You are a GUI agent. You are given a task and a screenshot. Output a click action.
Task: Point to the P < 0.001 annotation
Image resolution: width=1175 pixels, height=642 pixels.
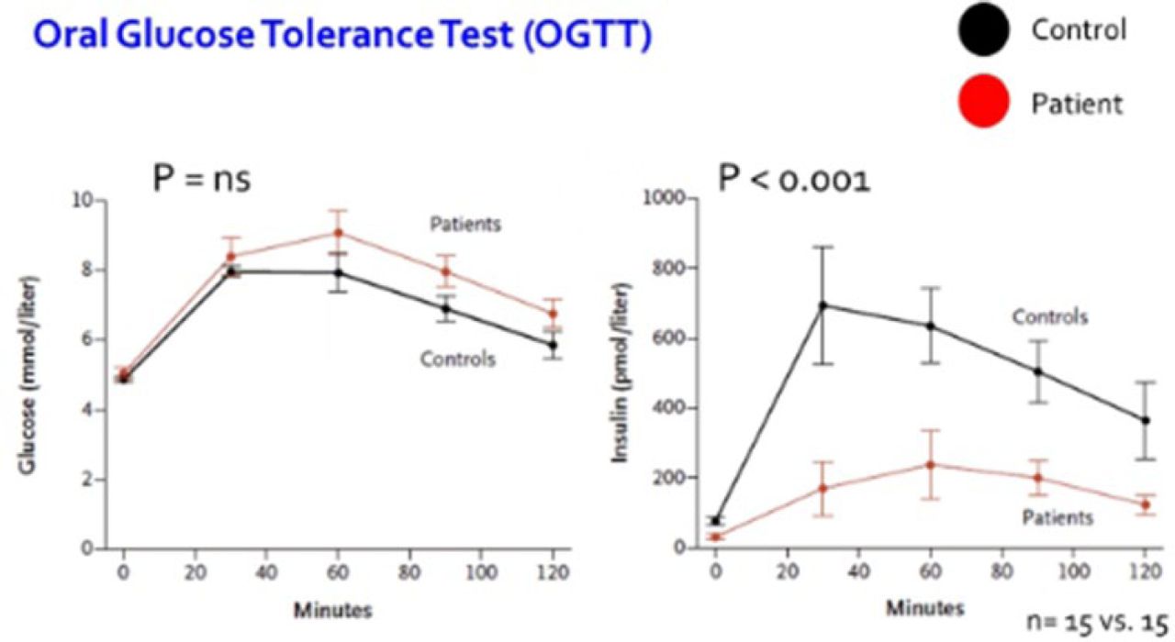[x=793, y=178]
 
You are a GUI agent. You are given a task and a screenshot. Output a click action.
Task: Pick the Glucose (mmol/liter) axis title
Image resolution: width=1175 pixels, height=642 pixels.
[x=31, y=373]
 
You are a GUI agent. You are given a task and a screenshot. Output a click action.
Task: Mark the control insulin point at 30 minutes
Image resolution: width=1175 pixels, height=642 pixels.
[x=823, y=305]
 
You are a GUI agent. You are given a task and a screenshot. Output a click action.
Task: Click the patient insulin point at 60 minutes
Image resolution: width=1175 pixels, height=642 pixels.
[x=930, y=464]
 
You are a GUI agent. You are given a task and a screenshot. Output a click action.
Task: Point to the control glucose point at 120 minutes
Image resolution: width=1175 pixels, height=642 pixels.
[x=553, y=346]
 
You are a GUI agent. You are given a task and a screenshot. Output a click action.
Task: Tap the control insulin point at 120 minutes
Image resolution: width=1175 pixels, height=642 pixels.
[x=1145, y=420]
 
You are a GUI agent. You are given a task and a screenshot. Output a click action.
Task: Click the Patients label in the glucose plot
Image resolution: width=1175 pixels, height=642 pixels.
[x=466, y=224]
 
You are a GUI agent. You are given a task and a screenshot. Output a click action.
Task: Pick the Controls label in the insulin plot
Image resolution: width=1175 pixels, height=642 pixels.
[x=1050, y=317]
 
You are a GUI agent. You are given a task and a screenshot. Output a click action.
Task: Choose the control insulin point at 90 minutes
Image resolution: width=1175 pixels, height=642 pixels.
[x=1037, y=371]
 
